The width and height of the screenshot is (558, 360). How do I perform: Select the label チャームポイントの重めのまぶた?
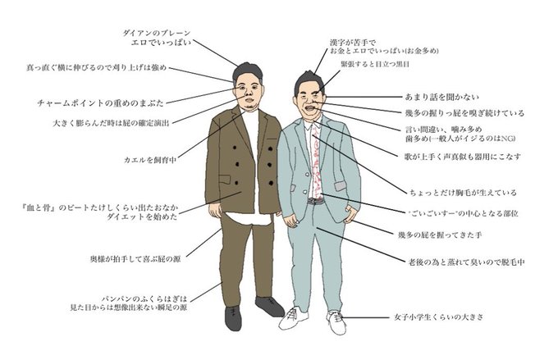101,103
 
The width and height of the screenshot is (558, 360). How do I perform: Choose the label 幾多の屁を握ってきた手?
446,235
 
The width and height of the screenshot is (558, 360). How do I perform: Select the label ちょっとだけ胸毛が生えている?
463,193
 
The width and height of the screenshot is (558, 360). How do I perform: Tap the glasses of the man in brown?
247,85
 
